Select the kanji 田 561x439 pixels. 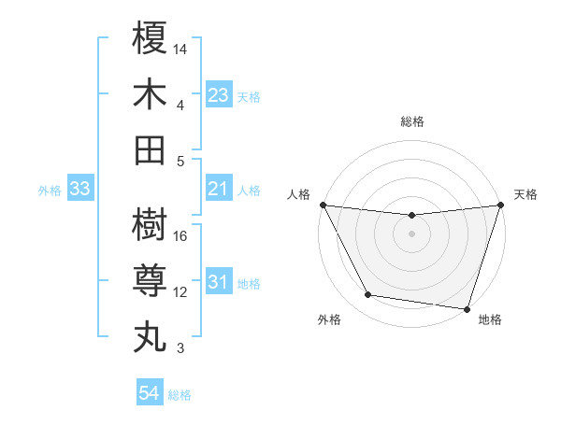click(150, 149)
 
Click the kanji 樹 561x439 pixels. click(150, 224)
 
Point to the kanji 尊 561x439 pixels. click(150, 280)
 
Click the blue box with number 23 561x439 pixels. click(218, 95)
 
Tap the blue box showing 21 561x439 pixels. click(218, 190)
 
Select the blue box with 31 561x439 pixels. click(218, 283)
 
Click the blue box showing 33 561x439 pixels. click(80, 190)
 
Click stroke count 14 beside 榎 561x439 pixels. click(181, 49)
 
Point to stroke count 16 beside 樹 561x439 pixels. click(181, 236)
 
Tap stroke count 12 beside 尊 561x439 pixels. click(181, 292)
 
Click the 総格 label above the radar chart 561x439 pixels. click(412, 121)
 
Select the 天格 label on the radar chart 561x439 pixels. click(526, 194)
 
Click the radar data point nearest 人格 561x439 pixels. click(323, 205)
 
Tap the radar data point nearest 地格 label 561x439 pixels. click(467, 308)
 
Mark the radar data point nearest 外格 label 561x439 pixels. click(368, 295)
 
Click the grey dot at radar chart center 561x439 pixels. click(411, 234)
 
